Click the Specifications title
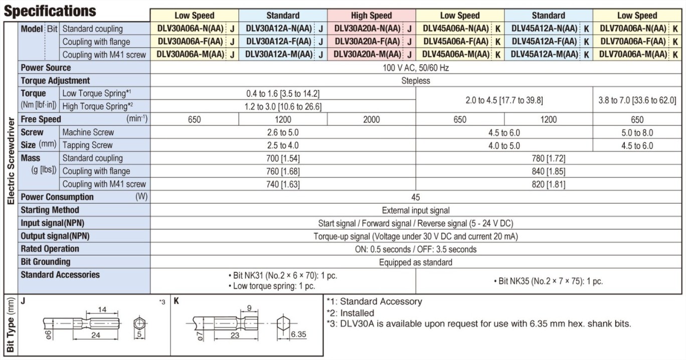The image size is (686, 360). click(x=50, y=10)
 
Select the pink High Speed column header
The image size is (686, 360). click(x=371, y=16)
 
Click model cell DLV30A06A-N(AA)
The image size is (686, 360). click(x=190, y=29)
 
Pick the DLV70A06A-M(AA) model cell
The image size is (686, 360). click(x=633, y=55)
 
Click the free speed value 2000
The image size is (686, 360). click(x=371, y=119)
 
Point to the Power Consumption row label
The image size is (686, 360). click(x=57, y=197)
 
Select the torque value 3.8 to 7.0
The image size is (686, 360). click(x=637, y=100)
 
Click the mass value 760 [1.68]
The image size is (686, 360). click(x=283, y=171)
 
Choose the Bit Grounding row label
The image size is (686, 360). click(x=46, y=262)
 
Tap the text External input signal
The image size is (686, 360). click(x=416, y=211)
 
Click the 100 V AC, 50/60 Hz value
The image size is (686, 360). click(x=416, y=68)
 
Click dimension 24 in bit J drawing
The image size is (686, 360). click(x=95, y=335)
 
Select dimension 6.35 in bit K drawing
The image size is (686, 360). click(x=298, y=334)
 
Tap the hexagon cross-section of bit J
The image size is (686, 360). click(x=140, y=324)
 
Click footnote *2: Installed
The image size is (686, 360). click(x=350, y=313)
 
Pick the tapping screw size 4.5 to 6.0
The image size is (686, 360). click(x=637, y=145)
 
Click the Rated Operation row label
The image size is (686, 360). click(x=50, y=249)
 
